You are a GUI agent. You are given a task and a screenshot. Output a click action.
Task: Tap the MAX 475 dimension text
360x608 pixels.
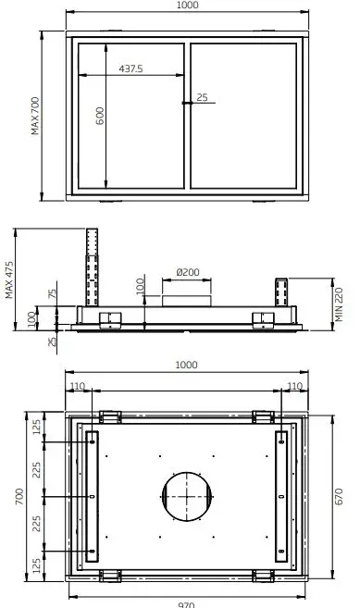point(9,278)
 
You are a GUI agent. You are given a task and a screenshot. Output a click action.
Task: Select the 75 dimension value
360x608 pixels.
point(53,294)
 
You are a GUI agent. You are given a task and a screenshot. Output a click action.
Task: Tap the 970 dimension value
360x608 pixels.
point(187,602)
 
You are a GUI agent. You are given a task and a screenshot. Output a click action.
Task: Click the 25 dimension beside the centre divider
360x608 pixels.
point(202,97)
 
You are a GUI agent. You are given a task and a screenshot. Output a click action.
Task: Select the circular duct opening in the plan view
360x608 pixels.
point(186,498)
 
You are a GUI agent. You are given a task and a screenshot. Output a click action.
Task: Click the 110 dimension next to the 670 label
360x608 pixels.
point(294,386)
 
